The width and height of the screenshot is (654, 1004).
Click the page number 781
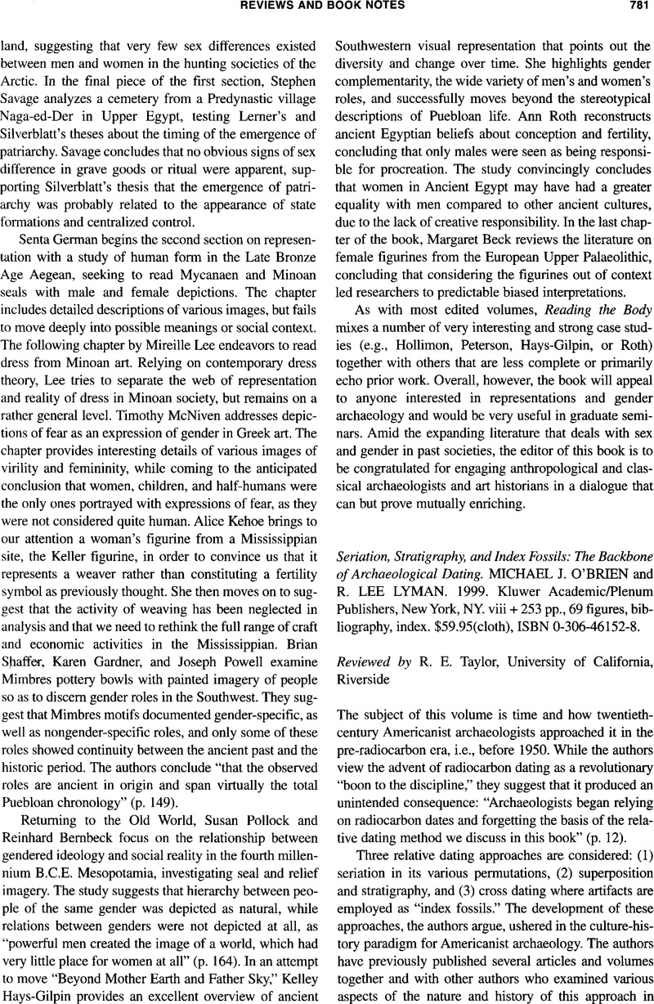coord(632,8)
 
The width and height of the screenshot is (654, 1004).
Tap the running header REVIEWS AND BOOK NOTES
coord(326,8)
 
